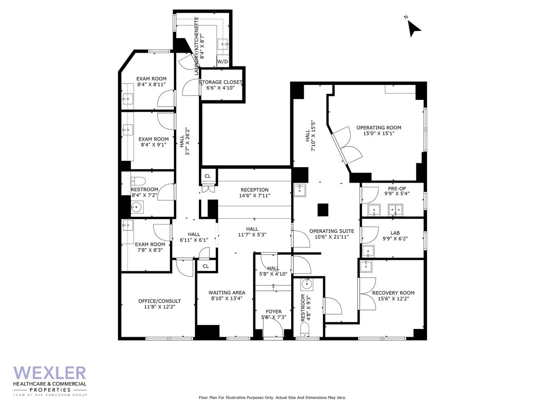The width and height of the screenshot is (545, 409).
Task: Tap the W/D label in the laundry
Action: [223, 61]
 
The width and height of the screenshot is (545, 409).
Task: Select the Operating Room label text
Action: [378, 128]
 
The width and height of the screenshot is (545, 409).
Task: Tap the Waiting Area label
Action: [227, 293]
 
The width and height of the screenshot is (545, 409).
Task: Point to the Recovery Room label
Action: [393, 293]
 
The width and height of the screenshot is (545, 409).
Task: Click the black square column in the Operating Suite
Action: [322, 209]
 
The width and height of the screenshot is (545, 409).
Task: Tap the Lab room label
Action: [395, 233]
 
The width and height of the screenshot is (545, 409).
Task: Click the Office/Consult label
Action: [159, 301]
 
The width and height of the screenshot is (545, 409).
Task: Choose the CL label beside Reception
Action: [208, 176]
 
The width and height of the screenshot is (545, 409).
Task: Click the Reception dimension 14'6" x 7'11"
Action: [254, 195]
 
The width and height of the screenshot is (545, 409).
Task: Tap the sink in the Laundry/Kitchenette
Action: [223, 44]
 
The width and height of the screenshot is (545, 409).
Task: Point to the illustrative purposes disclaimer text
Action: [272, 398]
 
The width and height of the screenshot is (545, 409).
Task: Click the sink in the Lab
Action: [367, 251]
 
